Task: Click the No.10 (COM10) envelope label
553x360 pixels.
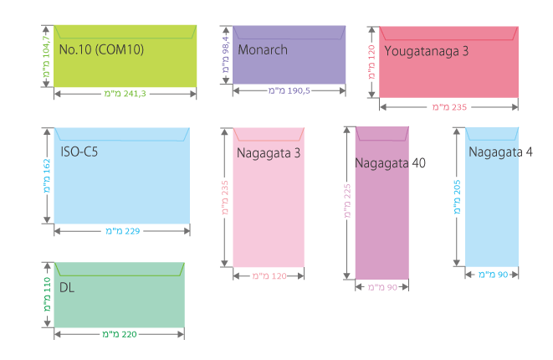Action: click(x=101, y=49)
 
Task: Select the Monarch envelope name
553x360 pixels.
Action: click(x=262, y=49)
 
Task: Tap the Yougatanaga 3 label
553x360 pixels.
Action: click(x=427, y=51)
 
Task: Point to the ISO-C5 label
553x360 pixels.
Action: click(x=80, y=152)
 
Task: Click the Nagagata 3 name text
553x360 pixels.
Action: click(x=268, y=153)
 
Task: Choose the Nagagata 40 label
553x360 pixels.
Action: click(x=390, y=162)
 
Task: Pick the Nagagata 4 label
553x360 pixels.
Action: click(x=500, y=152)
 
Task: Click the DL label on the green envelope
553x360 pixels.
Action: click(x=67, y=286)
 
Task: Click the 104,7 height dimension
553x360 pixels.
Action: click(x=47, y=50)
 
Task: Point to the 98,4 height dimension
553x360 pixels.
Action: click(x=225, y=50)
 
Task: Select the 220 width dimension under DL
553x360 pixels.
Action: click(x=119, y=333)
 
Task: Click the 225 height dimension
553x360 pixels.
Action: click(x=347, y=203)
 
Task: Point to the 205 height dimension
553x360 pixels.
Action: click(x=457, y=198)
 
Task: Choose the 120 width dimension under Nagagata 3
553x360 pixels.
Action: click(x=267, y=275)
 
